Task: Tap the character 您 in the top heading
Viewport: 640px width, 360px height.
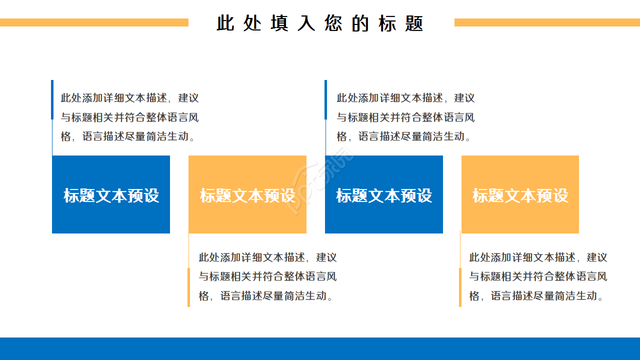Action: (333, 23)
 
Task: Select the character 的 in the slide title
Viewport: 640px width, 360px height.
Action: (360, 23)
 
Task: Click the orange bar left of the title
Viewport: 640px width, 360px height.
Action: (94, 22)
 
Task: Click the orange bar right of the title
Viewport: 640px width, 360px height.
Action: (547, 22)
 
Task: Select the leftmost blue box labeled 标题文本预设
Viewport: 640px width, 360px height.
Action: (111, 194)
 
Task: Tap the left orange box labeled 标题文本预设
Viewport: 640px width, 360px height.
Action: (247, 194)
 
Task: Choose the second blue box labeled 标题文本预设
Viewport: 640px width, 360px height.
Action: (384, 194)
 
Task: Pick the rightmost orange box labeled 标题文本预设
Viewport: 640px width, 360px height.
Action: (520, 194)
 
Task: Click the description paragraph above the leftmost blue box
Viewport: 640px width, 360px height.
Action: (129, 117)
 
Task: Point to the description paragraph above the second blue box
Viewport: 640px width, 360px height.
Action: (405, 117)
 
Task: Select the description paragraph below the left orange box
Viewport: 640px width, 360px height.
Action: (267, 276)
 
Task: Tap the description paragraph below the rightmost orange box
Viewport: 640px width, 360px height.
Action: (538, 276)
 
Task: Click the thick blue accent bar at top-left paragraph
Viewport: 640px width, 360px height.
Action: (52, 99)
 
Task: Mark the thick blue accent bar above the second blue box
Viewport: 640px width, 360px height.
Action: (325, 99)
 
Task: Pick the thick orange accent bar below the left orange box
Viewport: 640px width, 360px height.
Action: (188, 287)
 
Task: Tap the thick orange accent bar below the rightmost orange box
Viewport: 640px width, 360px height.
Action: (460, 287)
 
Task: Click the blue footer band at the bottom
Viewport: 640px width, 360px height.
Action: (320, 348)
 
